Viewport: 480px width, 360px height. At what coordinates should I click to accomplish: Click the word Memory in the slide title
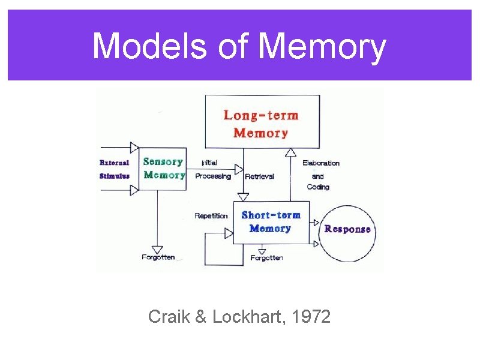pos(323,47)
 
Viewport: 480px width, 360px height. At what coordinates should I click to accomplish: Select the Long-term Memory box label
pos(261,124)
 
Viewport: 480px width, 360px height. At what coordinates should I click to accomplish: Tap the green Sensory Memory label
pos(164,168)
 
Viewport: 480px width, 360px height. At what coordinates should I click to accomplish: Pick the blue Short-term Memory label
pos(271,221)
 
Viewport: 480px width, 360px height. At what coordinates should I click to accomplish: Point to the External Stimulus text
pos(114,169)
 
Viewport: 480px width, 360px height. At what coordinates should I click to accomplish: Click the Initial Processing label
pos(213,169)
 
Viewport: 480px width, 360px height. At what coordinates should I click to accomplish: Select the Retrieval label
pos(260,176)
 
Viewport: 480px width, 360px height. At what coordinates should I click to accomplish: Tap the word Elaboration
pos(320,163)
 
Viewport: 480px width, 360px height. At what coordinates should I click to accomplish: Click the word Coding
pos(318,187)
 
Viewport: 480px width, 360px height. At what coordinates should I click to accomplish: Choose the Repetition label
pos(211,216)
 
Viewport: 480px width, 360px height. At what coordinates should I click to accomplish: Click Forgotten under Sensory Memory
pos(158,257)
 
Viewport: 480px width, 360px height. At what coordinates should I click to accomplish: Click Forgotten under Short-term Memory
pos(266,258)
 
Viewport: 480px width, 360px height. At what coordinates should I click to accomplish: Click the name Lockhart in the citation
pos(251,316)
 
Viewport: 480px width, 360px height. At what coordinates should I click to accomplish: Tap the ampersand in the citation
pos(200,316)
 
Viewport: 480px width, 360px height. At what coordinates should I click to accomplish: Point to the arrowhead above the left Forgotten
pos(158,248)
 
